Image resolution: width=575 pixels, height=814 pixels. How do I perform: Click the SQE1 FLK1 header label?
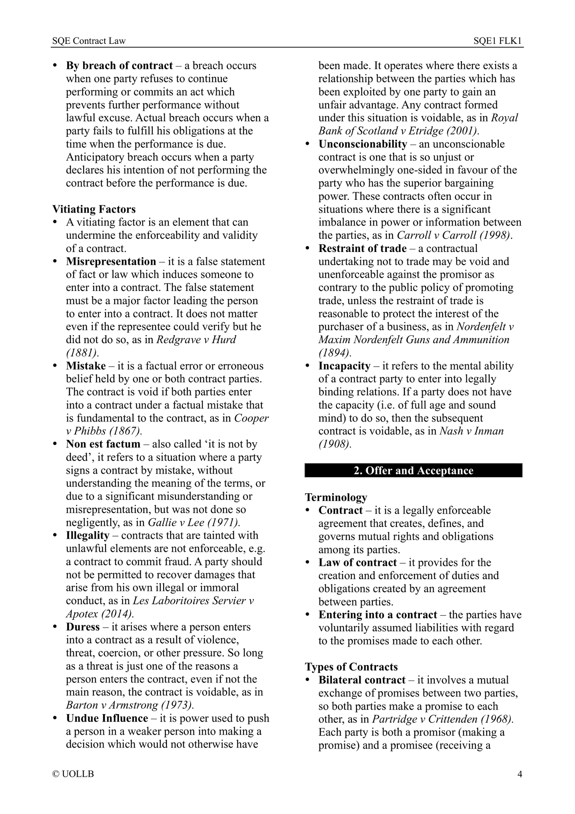tap(497, 41)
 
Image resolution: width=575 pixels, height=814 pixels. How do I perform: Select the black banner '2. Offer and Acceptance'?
tap(413, 470)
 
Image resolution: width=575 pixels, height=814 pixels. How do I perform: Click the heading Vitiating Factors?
tap(94, 209)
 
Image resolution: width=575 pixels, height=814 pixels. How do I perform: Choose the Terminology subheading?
tap(336, 497)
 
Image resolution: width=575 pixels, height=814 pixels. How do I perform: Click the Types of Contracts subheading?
tap(351, 667)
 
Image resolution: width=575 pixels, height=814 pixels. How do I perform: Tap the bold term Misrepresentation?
tap(111, 262)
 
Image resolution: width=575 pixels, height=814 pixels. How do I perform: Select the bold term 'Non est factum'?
tap(103, 444)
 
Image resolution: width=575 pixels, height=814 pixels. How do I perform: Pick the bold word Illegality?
tap(88, 536)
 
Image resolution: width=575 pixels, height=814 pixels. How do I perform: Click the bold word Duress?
tap(83, 627)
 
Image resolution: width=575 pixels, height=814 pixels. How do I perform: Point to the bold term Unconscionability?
tap(363, 144)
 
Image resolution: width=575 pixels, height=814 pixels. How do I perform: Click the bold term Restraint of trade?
tap(363, 248)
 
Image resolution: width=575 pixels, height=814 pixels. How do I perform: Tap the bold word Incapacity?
tap(344, 366)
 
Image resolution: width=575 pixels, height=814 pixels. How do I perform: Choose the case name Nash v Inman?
tap(472, 431)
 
